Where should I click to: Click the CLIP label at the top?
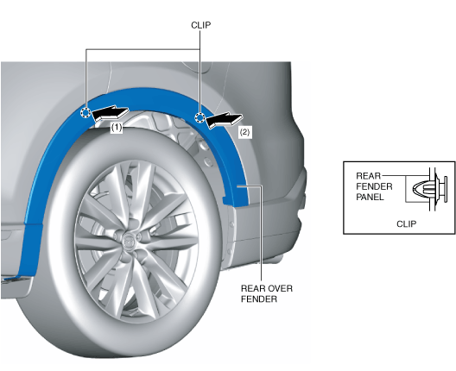coord(200,25)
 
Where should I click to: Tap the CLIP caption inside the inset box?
coord(406,223)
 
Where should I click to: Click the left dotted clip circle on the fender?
coord(85,112)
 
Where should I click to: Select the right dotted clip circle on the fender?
coord(199,117)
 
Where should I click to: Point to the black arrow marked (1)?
coord(110,114)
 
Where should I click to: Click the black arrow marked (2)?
coord(224,120)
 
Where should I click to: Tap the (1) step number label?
coord(117,128)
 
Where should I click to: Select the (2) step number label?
coord(244,132)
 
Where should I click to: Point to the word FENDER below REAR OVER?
coord(259,299)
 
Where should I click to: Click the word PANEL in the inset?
coord(370,197)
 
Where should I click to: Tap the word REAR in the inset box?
coord(368,176)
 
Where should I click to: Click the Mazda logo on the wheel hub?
coord(128,242)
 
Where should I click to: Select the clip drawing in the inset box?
coord(430,189)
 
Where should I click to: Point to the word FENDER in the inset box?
coord(374,186)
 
